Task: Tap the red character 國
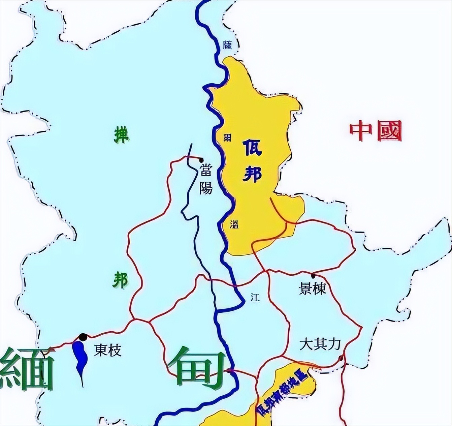[389, 131]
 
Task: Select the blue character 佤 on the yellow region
[252, 148]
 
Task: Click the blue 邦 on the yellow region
[252, 174]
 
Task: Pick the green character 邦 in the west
[120, 280]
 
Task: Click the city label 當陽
[205, 179]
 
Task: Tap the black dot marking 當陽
[201, 160]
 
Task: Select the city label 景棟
[313, 288]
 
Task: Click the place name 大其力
[320, 344]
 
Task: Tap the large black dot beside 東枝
[83, 337]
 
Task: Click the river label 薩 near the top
[228, 45]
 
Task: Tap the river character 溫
[234, 224]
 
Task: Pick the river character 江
[255, 297]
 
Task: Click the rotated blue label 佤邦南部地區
[281, 393]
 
